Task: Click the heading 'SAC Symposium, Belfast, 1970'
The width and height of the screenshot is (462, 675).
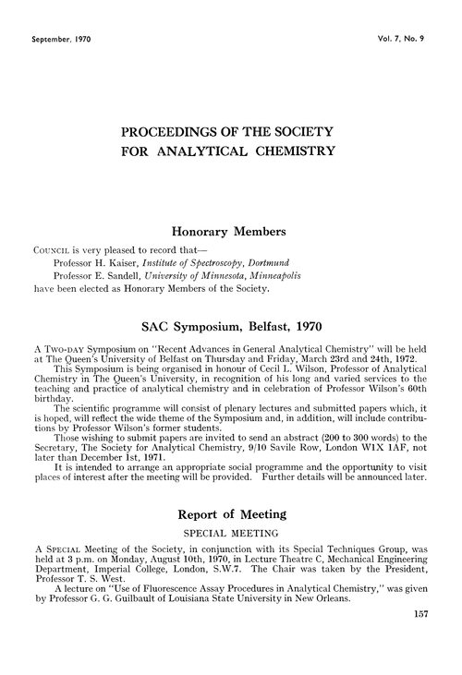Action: click(231, 326)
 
